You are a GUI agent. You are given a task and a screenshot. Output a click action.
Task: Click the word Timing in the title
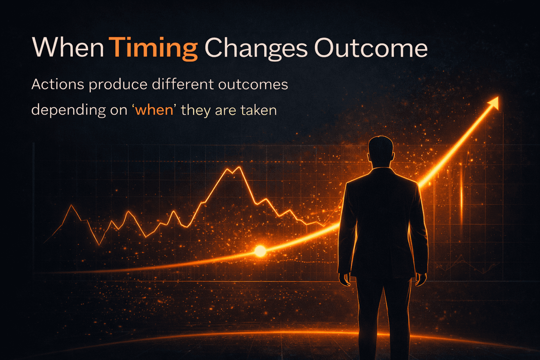point(153,49)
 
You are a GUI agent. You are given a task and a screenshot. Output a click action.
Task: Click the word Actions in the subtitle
point(58,84)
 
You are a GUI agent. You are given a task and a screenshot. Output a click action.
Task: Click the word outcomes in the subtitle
point(253,85)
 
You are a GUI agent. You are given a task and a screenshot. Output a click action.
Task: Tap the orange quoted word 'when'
point(154,110)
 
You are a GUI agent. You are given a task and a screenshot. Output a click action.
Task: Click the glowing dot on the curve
point(260,251)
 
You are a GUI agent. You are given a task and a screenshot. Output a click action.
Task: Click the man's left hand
point(345,279)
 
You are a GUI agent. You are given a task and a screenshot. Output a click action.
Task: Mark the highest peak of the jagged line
point(239,167)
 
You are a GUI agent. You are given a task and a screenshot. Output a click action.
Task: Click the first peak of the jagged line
point(72,205)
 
